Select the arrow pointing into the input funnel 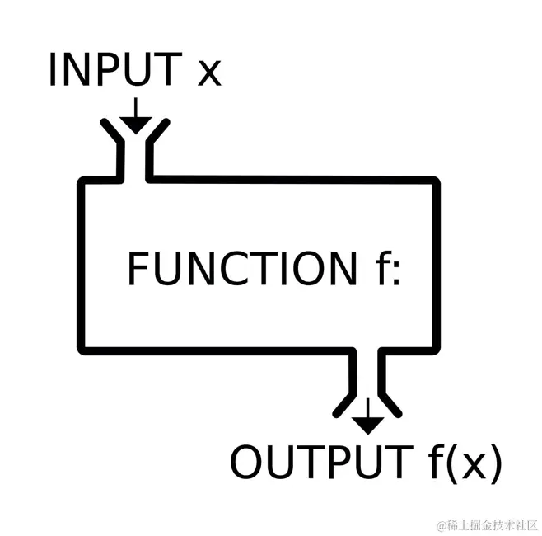[136, 115]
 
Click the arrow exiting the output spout [367, 417]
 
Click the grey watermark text [487, 524]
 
